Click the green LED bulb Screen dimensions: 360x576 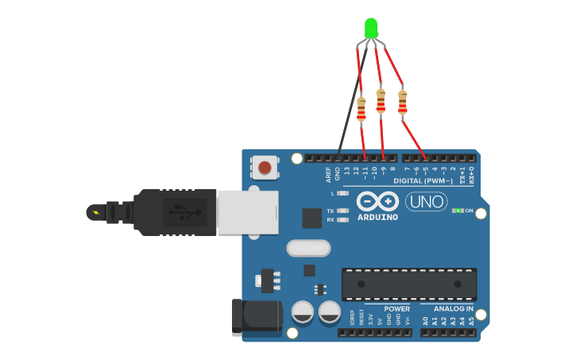[370, 28]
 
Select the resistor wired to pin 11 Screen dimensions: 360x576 [361, 109]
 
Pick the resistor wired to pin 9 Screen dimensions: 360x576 [381, 100]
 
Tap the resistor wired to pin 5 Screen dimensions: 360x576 [402, 102]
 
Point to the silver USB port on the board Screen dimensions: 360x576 [247, 211]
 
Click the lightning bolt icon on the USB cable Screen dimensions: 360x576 [97, 212]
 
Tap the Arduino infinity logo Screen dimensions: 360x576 [377, 201]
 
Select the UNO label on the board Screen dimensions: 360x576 [426, 202]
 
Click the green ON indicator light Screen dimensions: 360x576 [458, 211]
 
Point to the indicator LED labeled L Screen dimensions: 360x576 [343, 193]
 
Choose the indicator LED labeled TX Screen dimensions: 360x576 [343, 211]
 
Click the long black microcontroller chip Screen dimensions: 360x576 [409, 285]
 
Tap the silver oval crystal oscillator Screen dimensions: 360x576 [307, 248]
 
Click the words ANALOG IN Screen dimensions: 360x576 [453, 308]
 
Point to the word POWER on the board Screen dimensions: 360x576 [396, 308]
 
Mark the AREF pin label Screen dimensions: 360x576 [328, 174]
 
